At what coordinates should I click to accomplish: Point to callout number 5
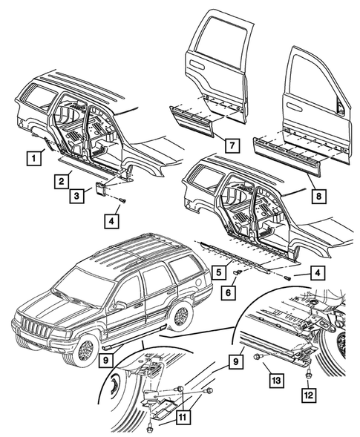[x=221, y=272]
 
